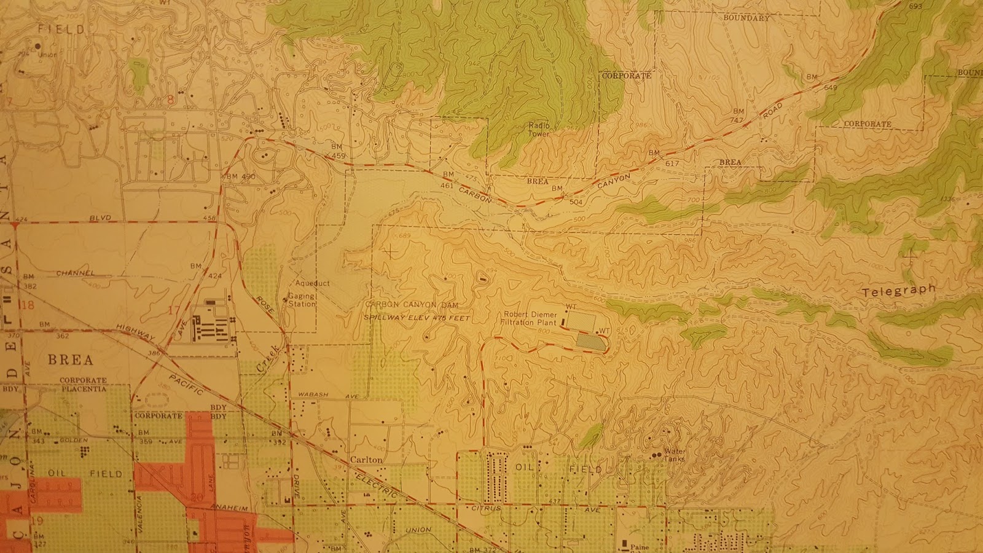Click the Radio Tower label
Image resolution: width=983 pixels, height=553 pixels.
[540, 129]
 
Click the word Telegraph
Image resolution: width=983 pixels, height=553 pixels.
[899, 290]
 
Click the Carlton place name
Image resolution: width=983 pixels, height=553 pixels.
[366, 459]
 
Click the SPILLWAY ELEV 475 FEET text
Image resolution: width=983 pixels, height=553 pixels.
[417, 318]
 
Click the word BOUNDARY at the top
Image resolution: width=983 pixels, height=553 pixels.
[746, 18]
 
